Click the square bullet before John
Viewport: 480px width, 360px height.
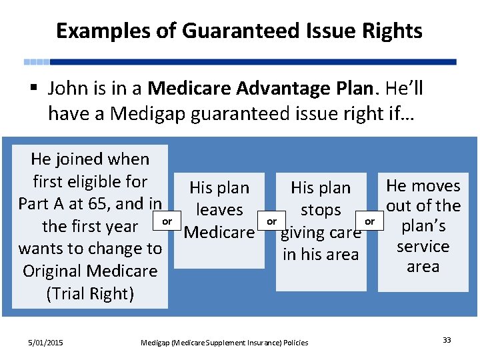pos(34,89)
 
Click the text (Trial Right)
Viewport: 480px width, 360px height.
pos(90,293)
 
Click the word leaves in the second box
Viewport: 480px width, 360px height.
pos(219,210)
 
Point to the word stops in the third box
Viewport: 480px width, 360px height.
pos(321,210)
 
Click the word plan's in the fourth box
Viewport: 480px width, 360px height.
pos(423,226)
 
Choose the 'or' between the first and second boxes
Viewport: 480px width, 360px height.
pos(167,221)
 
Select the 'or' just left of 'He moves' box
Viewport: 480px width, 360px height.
pos(371,221)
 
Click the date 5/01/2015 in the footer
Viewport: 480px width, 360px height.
pos(46,343)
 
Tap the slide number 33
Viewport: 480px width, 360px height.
pos(447,341)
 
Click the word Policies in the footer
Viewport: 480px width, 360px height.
pos(295,343)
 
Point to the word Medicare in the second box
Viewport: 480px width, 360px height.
pos(219,233)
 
